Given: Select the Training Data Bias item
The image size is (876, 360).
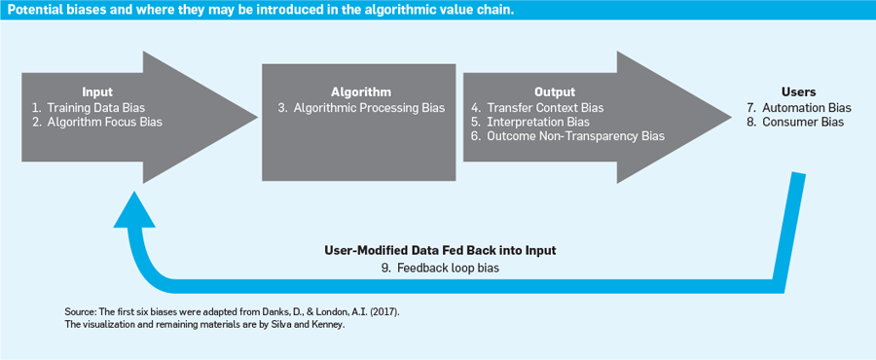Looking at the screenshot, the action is [88, 107].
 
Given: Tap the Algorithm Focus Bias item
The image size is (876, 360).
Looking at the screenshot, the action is [97, 123].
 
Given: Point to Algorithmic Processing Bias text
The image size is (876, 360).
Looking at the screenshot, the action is [361, 108].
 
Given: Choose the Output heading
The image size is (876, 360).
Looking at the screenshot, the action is [555, 92].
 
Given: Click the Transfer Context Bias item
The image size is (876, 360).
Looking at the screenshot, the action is [537, 107].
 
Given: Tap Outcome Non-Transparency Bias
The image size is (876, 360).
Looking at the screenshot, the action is [568, 136].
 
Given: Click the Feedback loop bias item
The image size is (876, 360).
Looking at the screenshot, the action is [440, 268].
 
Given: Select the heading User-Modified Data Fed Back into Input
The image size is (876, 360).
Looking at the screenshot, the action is [440, 251].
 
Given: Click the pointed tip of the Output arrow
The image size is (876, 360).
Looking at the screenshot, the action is [731, 117].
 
